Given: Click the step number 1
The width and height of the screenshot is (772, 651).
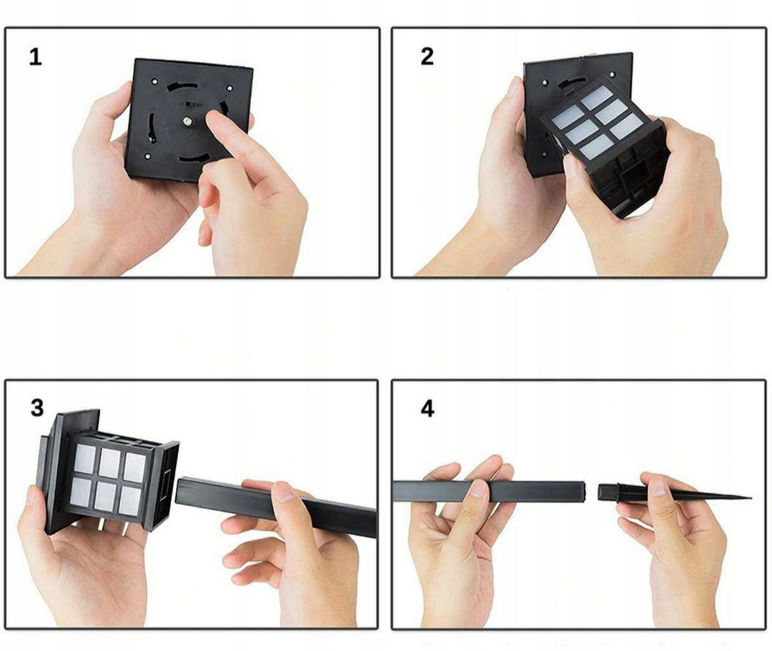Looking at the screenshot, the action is click(x=36, y=56).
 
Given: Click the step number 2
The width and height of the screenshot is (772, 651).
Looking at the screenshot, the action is click(x=427, y=56).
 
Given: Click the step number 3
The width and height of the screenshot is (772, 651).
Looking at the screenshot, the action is click(x=37, y=408).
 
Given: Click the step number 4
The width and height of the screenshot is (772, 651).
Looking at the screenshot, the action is click(x=427, y=409).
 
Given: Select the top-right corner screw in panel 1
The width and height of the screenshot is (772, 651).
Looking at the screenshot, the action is click(x=229, y=89).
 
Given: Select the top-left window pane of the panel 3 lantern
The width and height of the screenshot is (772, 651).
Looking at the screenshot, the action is click(x=85, y=459).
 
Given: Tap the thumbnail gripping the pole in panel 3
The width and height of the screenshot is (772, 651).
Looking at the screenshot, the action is click(x=283, y=492).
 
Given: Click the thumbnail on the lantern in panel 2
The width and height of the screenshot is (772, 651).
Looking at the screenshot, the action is click(x=572, y=167).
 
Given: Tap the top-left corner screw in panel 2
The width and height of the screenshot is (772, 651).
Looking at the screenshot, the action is click(x=545, y=83).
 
